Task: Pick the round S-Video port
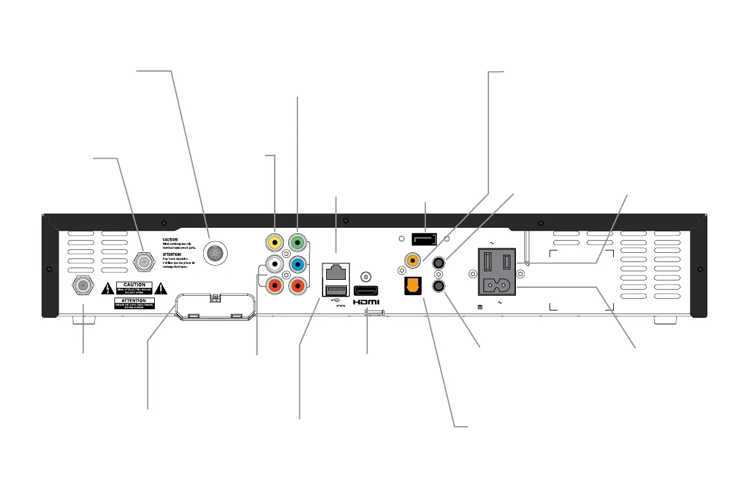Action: point(215,252)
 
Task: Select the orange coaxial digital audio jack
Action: point(414,261)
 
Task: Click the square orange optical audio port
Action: point(414,286)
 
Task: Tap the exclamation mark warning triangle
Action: point(161,288)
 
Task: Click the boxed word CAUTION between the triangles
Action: point(135,285)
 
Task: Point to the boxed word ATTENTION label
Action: point(135,301)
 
